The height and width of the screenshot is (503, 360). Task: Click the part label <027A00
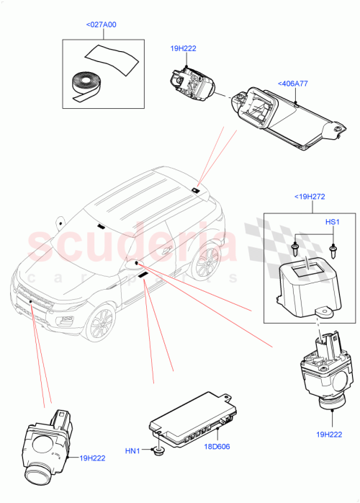pyautogui.click(x=102, y=25)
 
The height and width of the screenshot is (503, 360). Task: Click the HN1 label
pyautogui.click(x=132, y=451)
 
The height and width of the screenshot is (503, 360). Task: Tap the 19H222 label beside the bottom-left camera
pyautogui.click(x=94, y=458)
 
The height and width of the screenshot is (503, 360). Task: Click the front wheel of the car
pyautogui.click(x=101, y=325)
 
